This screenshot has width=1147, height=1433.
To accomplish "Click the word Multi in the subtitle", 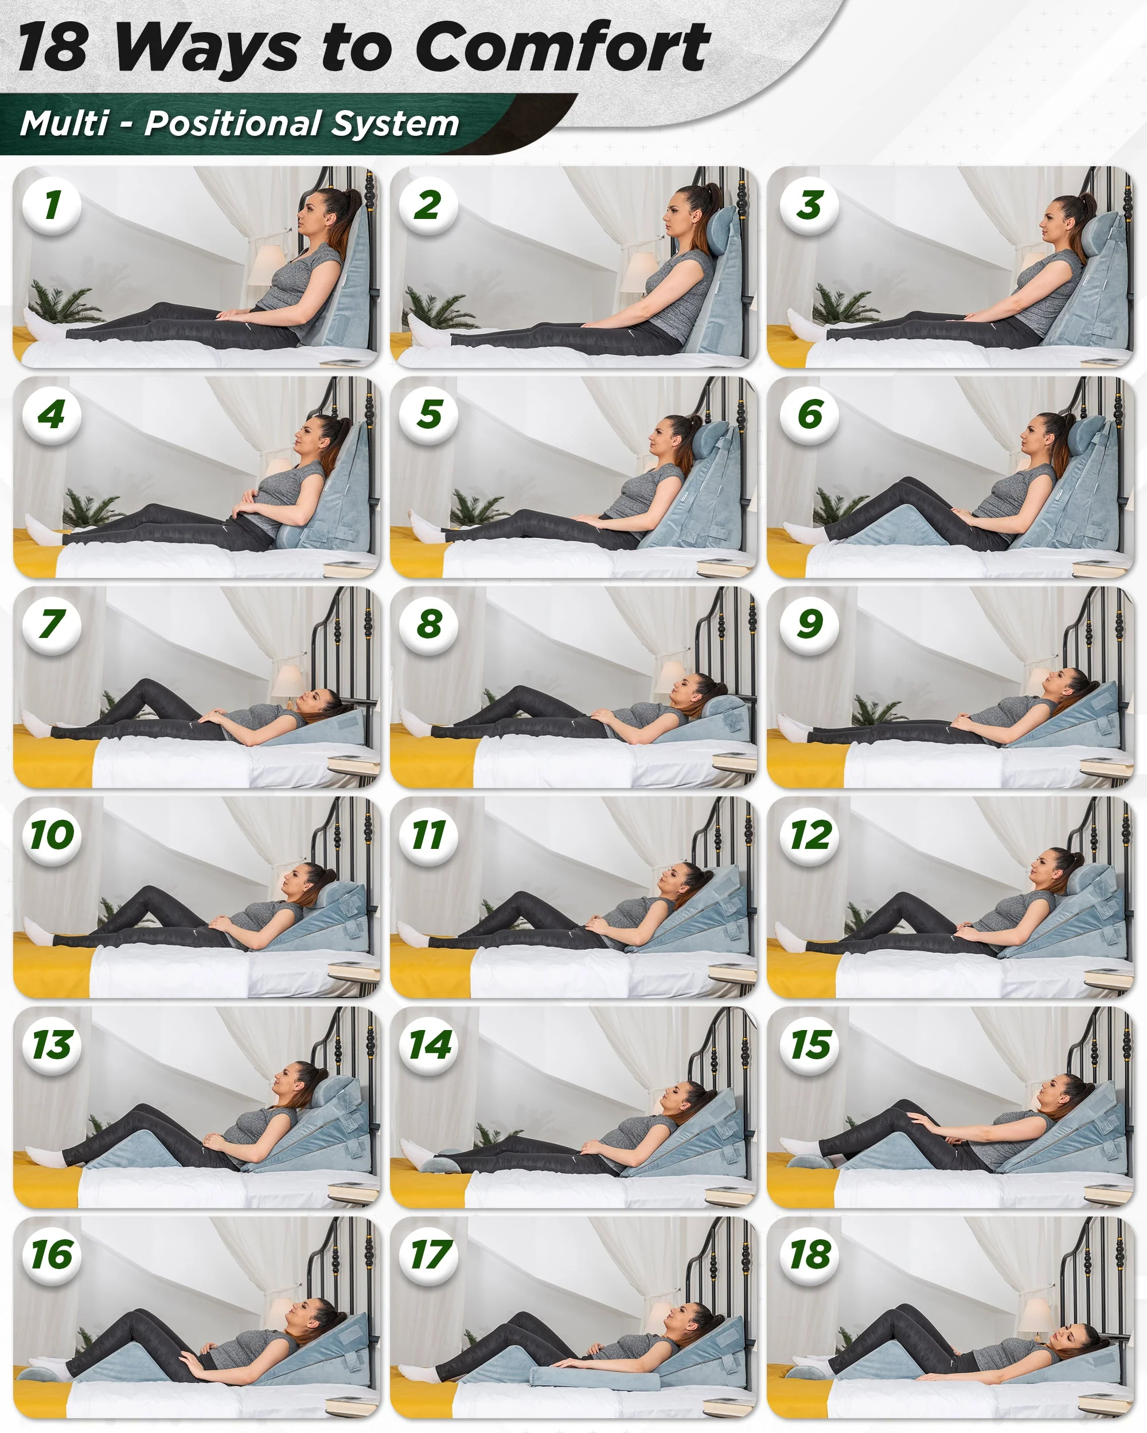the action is point(64,124).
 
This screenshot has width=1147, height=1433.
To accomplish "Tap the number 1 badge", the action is point(52,205).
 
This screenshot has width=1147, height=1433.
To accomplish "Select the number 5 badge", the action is point(429,415).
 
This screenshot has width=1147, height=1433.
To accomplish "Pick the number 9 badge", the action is point(809,624).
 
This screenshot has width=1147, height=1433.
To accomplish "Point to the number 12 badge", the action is point(809,835).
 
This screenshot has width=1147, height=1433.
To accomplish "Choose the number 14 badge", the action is point(429,1045).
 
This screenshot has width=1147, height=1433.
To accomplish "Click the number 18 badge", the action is point(809,1255).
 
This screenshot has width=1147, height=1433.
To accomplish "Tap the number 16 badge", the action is point(52,1255).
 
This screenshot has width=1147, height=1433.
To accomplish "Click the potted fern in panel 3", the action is point(839,305).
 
